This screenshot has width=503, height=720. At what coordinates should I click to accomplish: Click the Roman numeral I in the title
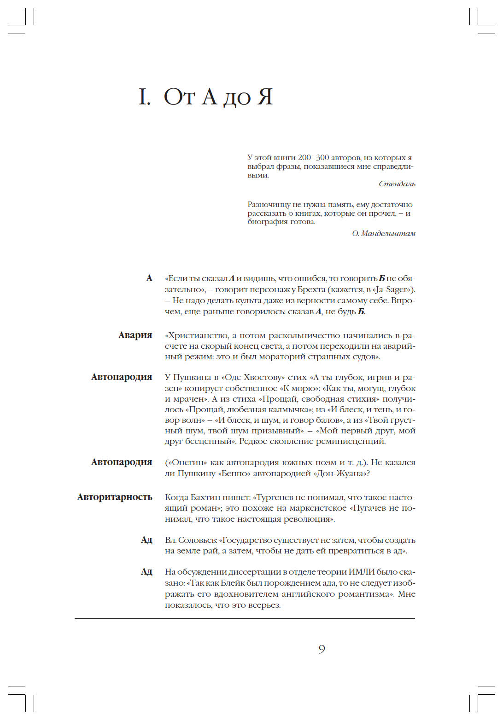144,97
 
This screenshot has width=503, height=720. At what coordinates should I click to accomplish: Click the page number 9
322,649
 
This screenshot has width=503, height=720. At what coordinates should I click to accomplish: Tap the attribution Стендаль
397,184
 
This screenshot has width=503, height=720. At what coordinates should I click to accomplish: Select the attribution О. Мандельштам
384,234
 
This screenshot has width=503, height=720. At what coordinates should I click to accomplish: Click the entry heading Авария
135,335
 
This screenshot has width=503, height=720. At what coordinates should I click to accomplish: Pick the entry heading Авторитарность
114,497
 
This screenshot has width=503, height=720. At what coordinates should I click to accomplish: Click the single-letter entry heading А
149,278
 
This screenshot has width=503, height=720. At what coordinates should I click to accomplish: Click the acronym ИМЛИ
361,572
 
